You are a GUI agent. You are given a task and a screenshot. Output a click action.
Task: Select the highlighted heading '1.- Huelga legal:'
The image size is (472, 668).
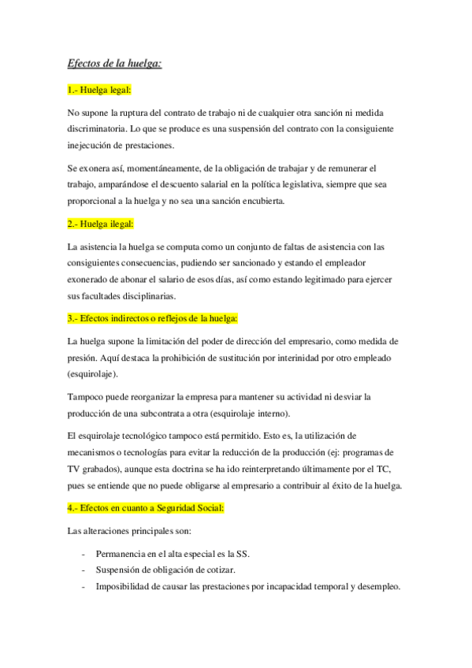[100, 91]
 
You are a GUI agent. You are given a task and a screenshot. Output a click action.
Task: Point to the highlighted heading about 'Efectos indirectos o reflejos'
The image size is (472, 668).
[153, 318]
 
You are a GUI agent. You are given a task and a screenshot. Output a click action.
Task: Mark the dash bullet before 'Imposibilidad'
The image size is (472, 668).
[83, 586]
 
